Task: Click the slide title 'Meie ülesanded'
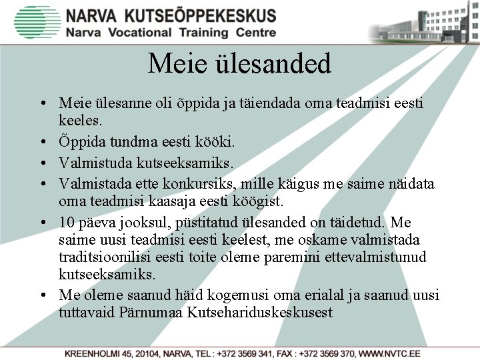(239, 65)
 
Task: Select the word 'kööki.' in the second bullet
(217, 142)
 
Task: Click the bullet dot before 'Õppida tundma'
(42, 143)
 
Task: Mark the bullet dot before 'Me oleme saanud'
(42, 295)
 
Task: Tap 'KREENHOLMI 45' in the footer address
(98, 352)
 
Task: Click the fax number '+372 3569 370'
(325, 352)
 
